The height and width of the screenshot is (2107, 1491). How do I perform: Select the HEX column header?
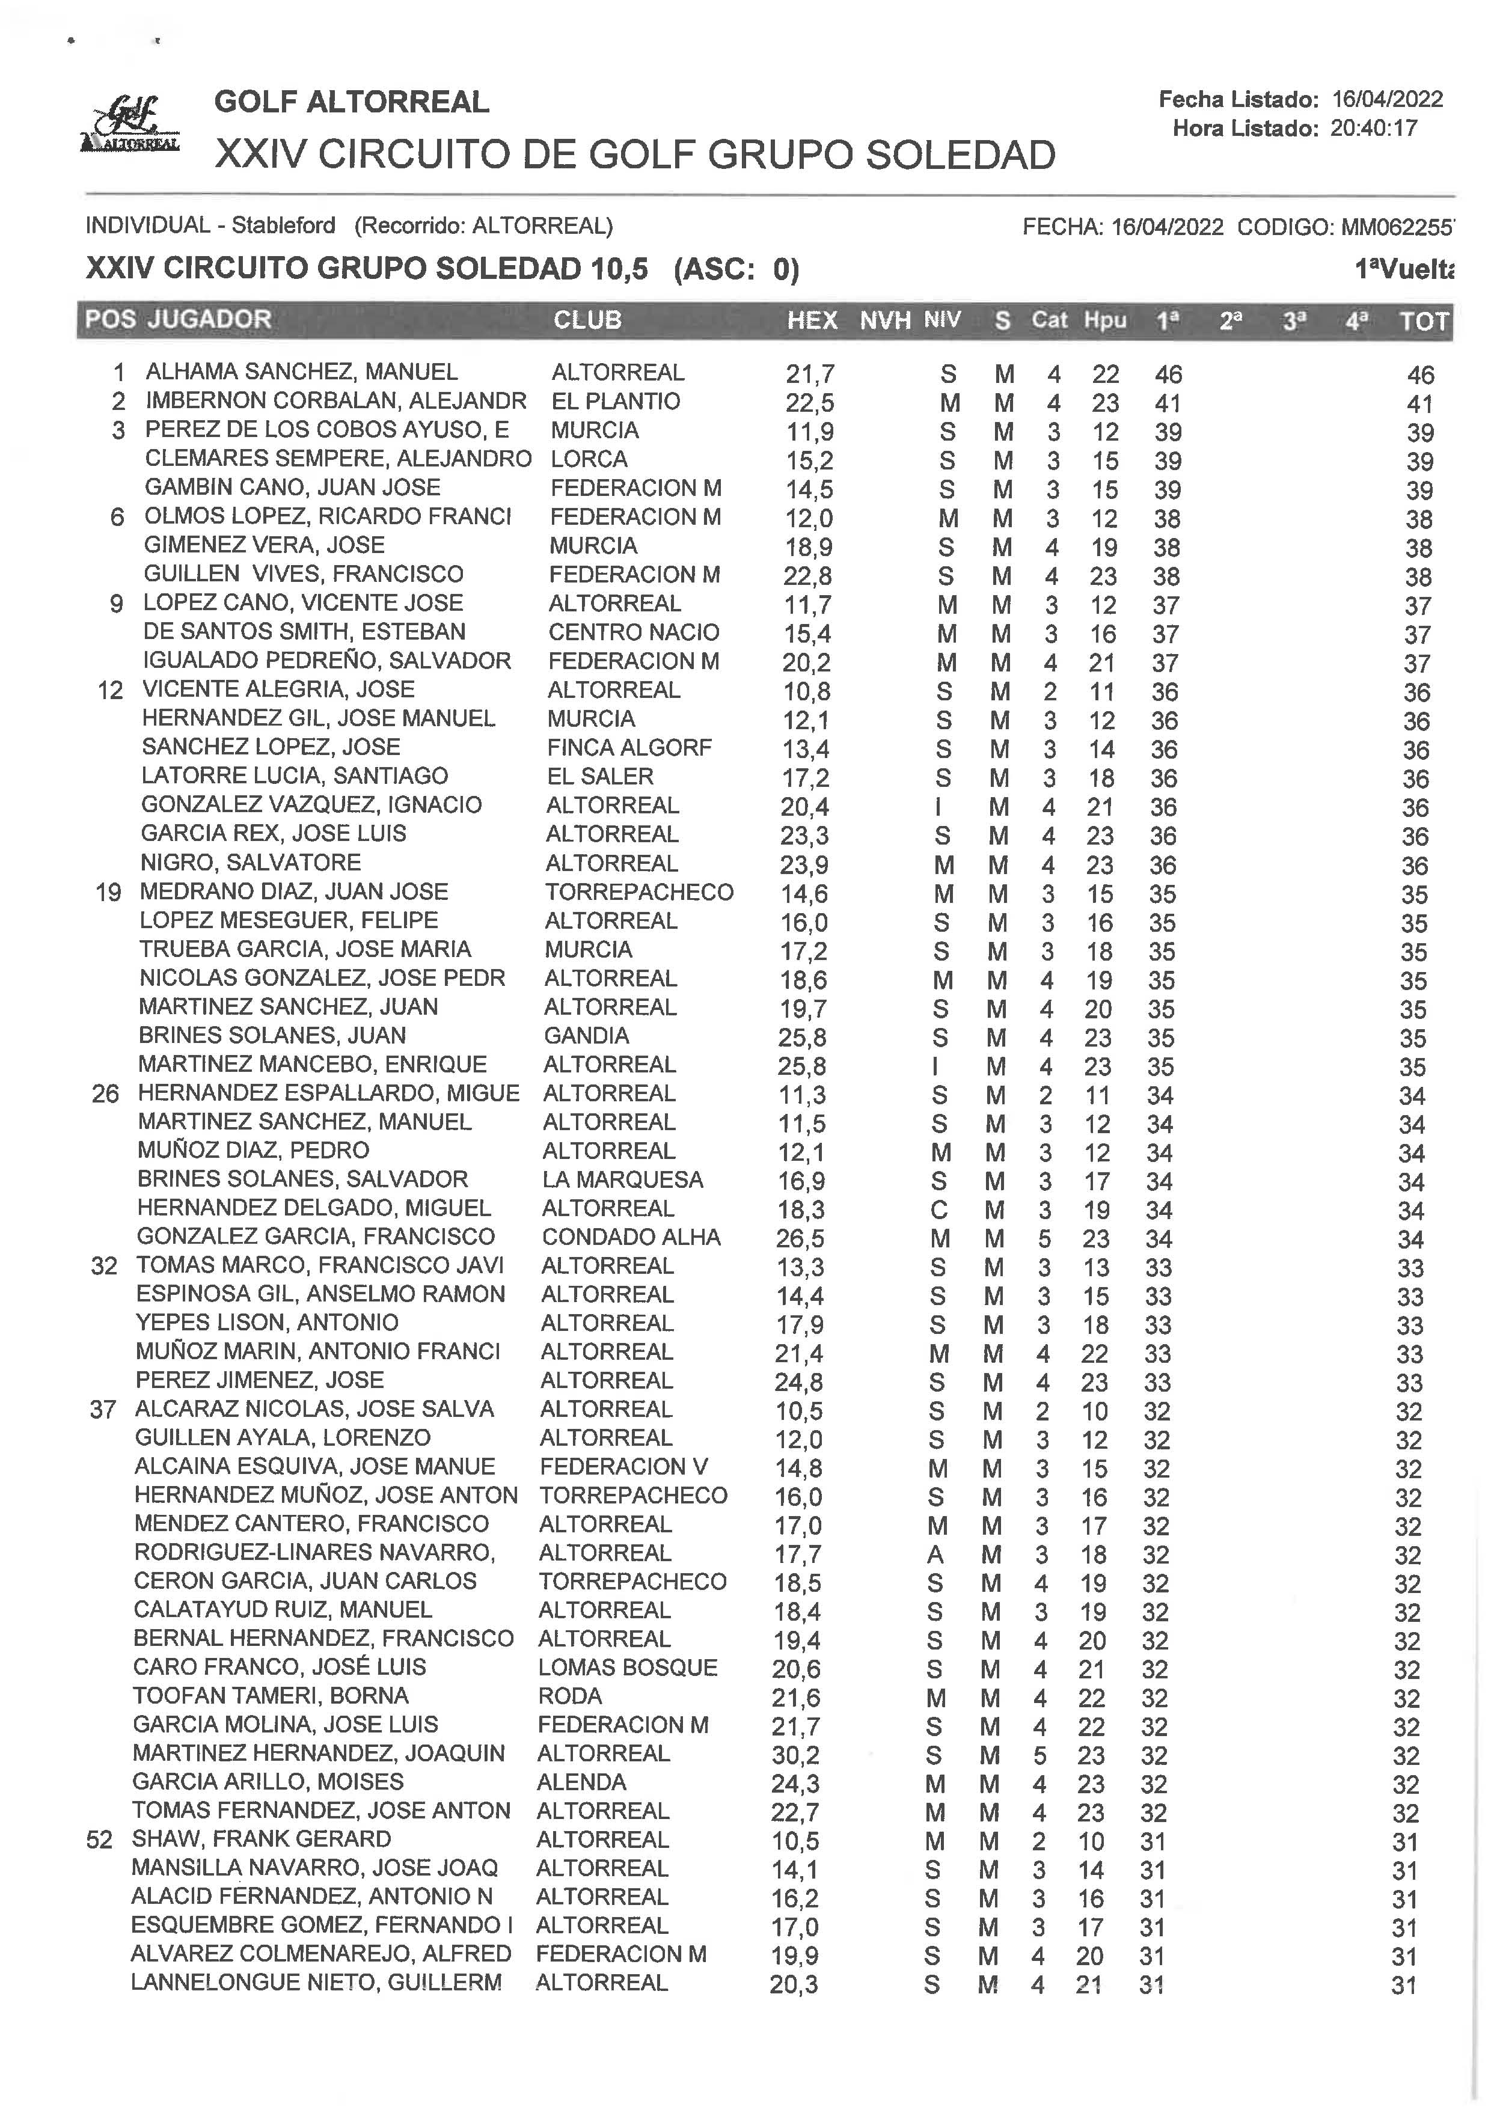click(x=812, y=320)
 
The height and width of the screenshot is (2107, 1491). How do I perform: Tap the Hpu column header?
click(x=1104, y=320)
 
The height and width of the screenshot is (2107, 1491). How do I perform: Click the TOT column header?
click(x=1423, y=322)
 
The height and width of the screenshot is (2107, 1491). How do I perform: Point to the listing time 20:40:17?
click(x=1374, y=129)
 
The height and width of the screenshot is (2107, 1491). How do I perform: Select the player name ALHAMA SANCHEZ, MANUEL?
click(x=301, y=372)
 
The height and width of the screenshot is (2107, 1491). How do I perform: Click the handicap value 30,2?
click(x=795, y=1755)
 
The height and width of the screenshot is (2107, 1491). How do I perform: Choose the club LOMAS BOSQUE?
click(x=627, y=1667)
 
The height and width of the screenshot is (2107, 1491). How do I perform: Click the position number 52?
click(x=99, y=1840)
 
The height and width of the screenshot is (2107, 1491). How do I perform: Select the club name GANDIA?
click(x=586, y=1036)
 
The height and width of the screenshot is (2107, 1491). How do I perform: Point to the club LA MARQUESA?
click(x=622, y=1179)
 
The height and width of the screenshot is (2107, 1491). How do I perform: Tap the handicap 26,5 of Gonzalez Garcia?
click(x=800, y=1238)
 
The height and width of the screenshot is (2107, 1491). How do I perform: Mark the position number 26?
click(x=106, y=1093)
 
